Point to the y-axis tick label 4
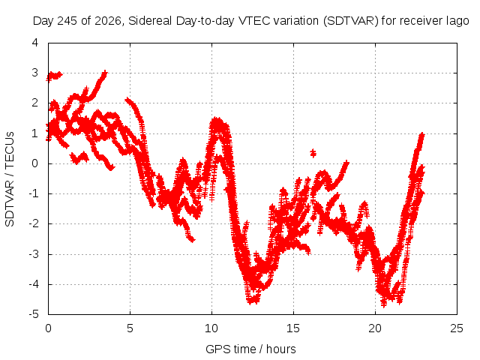click(x=35, y=43)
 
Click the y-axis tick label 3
click(x=35, y=73)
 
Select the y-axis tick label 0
click(x=35, y=163)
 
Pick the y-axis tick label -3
click(x=34, y=254)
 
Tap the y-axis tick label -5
click(x=34, y=314)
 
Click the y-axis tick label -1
click(x=34, y=193)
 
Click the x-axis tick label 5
click(x=130, y=328)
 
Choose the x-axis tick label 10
click(x=211, y=328)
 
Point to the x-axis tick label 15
click(x=293, y=328)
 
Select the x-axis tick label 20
click(x=375, y=328)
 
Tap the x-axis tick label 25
click(x=457, y=328)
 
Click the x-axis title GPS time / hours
click(x=250, y=349)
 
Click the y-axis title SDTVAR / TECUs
click(x=10, y=179)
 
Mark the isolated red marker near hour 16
click(x=313, y=153)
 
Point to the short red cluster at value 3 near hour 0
click(x=54, y=76)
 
